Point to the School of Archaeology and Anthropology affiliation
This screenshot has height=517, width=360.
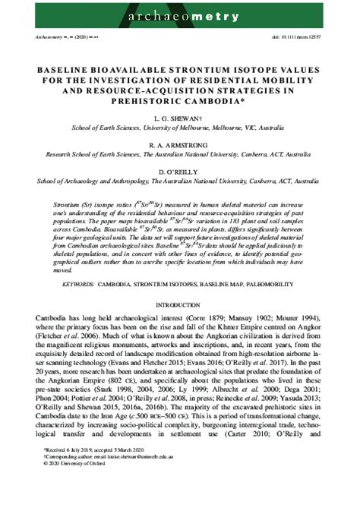(180, 181)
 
